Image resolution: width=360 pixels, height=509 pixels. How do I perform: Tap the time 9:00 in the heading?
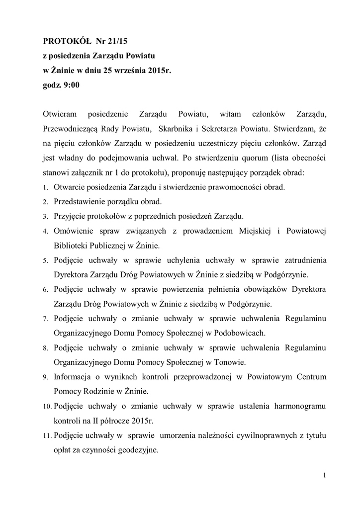click(71, 85)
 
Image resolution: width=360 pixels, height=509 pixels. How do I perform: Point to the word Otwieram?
click(59, 114)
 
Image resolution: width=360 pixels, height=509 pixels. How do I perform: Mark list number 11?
click(47, 436)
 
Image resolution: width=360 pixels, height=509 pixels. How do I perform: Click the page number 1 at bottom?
click(324, 478)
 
